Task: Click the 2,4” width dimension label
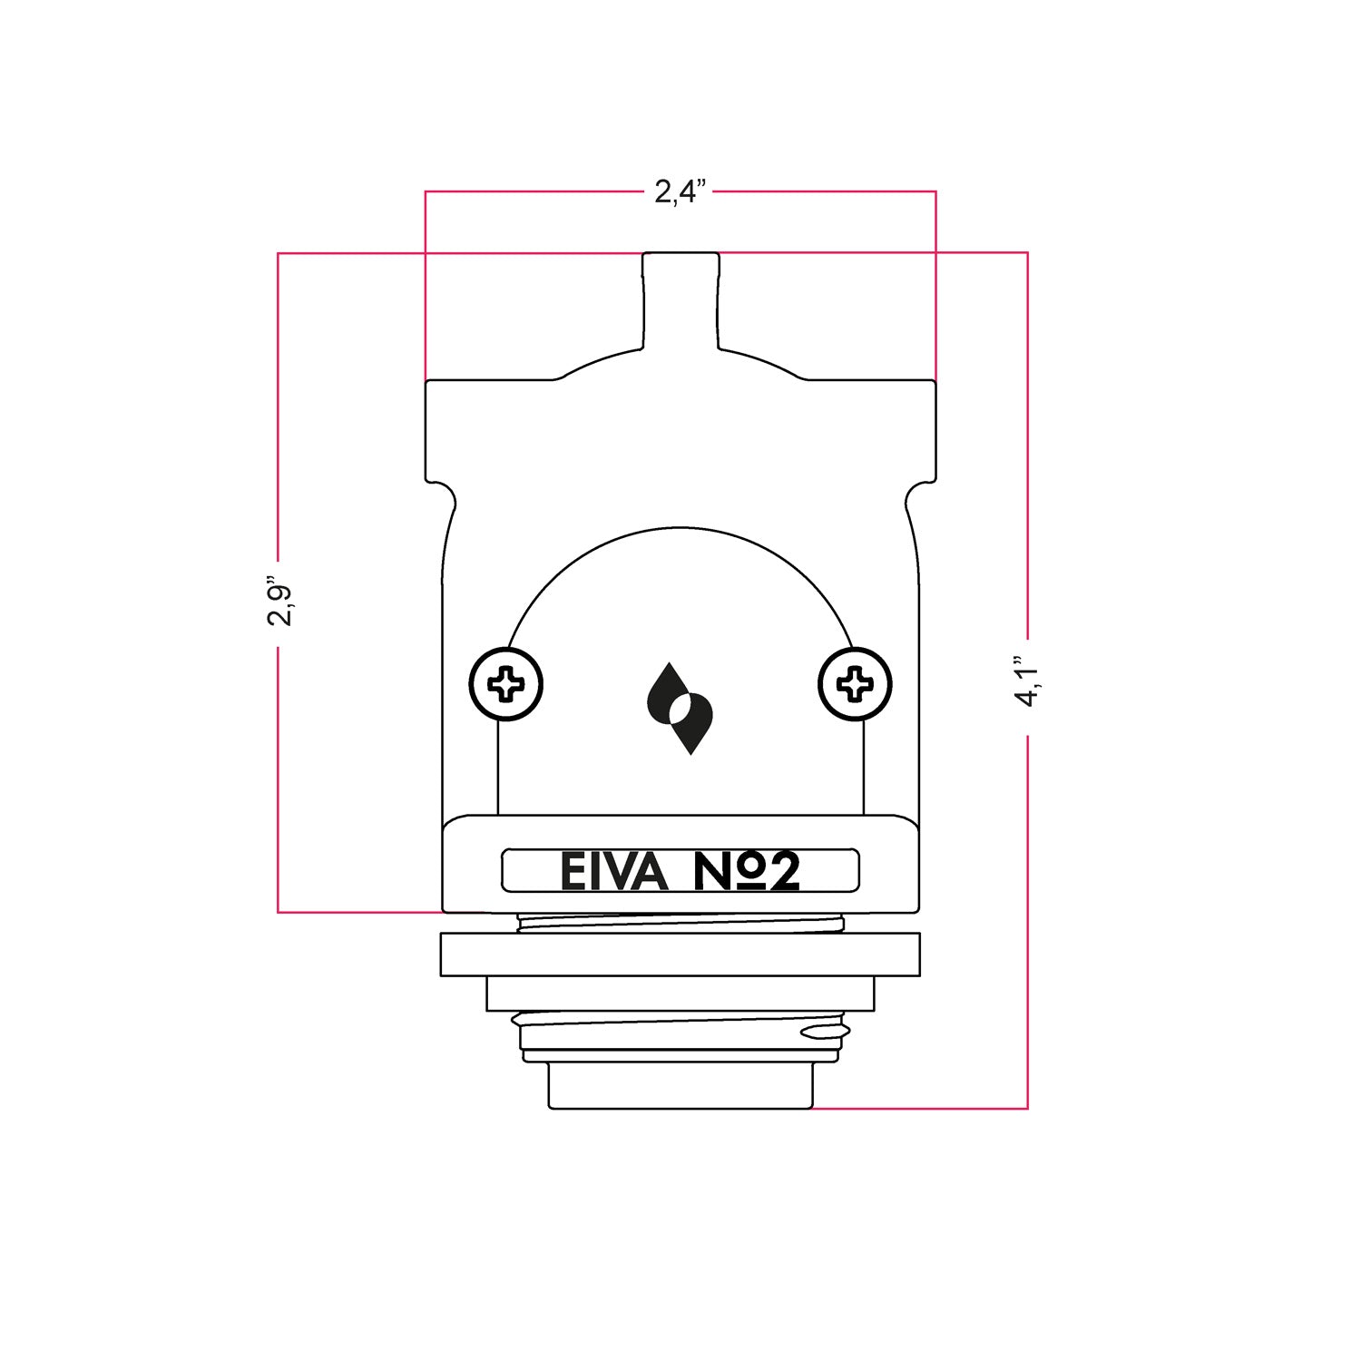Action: pyautogui.click(x=680, y=191)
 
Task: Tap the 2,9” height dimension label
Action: pyautogui.click(x=279, y=600)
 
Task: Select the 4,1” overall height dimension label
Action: pyautogui.click(x=1028, y=682)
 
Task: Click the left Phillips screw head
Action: pyautogui.click(x=505, y=684)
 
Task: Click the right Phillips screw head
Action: pyautogui.click(x=855, y=684)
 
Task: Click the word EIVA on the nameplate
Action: pyautogui.click(x=613, y=872)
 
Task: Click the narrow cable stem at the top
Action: pyautogui.click(x=680, y=299)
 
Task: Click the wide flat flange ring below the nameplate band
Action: pyautogui.click(x=680, y=955)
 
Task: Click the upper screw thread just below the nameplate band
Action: pyautogui.click(x=680, y=923)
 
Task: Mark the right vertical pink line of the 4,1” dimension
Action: pyautogui.click(x=1027, y=907)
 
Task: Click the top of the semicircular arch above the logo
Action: pyautogui.click(x=680, y=528)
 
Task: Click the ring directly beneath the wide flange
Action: pyautogui.click(x=680, y=994)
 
